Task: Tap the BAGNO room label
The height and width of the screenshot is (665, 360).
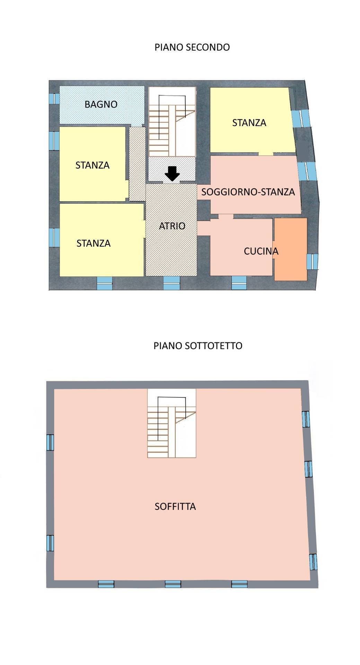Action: pos(101,104)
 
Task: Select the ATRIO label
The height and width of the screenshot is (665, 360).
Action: pos(172,226)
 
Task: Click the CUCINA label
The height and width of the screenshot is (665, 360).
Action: pos(261,251)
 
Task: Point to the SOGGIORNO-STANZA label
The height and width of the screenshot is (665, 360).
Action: pos(248,192)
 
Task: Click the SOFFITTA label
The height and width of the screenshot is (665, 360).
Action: pos(175,506)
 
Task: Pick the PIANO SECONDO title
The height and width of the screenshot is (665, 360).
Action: pos(192,47)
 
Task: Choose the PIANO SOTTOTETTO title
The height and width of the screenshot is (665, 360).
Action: pos(198,346)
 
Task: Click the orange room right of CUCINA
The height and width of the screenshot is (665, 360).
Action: pos(291,249)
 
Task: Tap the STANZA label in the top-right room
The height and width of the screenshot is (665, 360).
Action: pos(249,123)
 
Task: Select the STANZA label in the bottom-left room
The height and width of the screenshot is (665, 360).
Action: pos(93,243)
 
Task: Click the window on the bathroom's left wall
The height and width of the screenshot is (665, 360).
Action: pos(54,99)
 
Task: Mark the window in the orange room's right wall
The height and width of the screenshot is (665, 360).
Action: pos(313,261)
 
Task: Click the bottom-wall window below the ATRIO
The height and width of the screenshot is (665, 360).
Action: pos(172,283)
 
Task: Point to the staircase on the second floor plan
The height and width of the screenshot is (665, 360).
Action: pos(172,122)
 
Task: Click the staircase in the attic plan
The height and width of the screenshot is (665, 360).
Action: pos(172,423)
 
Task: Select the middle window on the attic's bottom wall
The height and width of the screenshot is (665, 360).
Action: pos(173,584)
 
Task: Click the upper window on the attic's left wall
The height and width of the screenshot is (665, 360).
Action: pos(50,442)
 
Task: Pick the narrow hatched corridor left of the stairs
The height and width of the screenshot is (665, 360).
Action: pos(137,163)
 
